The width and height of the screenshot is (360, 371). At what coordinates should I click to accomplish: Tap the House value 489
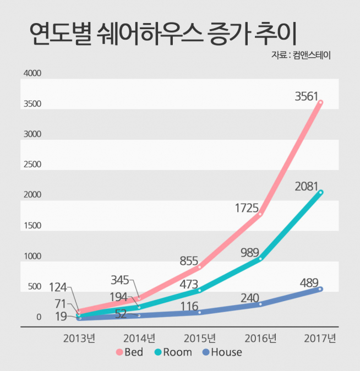click(x=308, y=282)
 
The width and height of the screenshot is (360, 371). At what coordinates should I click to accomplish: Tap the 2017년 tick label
click(x=320, y=337)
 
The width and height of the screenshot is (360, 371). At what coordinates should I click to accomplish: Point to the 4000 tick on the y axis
click(x=31, y=73)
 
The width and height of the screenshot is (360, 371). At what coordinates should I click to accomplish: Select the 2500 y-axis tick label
click(x=31, y=165)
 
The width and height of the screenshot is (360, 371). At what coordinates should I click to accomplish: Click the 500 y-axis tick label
click(x=34, y=287)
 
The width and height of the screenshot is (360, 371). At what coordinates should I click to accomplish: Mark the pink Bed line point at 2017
click(x=320, y=102)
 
